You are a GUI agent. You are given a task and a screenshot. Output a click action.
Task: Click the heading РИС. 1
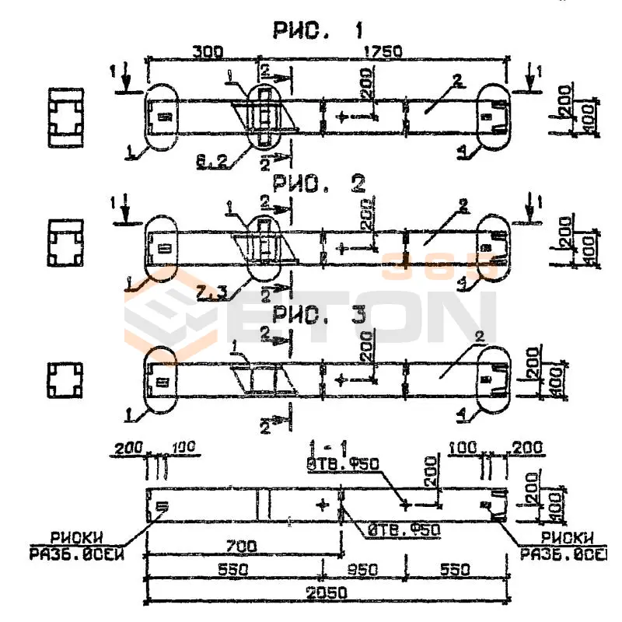(318, 32)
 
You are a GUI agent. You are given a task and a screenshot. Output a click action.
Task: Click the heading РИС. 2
(318, 183)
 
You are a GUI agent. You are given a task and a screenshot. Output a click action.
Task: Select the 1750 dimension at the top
(383, 52)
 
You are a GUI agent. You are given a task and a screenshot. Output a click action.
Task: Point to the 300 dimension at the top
(207, 52)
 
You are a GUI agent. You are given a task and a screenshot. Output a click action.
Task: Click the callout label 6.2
(211, 162)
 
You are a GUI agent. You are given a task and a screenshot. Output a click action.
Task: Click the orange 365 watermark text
(440, 267)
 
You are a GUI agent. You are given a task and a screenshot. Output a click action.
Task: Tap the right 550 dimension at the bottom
(451, 570)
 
